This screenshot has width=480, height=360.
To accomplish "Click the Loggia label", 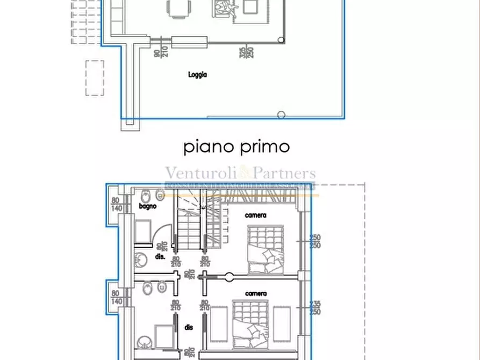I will click(197, 75).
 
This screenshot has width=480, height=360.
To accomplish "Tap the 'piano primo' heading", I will click(237, 147).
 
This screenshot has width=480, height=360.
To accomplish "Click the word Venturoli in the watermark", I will click(200, 173).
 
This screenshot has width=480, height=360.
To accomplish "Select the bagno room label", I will click(147, 206).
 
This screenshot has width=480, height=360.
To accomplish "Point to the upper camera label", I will click(256, 215).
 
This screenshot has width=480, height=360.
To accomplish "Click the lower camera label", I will click(256, 293).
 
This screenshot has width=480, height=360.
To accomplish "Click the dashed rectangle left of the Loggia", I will click(95, 78).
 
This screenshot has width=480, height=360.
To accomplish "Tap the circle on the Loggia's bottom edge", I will click(281, 114).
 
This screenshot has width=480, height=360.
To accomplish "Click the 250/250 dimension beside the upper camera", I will click(316, 241).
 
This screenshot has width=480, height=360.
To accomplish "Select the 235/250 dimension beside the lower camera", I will click(316, 308).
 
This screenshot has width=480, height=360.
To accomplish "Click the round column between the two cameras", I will click(229, 277).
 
